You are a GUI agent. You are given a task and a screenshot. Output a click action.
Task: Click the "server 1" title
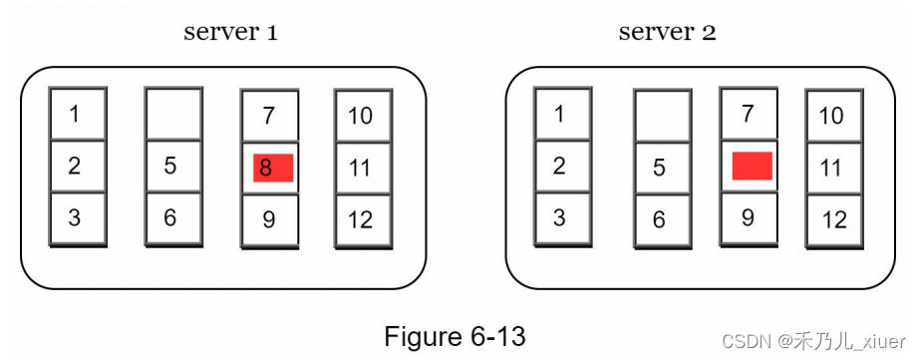tap(230, 31)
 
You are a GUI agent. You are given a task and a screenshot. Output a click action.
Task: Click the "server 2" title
tap(667, 31)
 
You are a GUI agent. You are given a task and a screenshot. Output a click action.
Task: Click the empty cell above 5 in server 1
tap(173, 114)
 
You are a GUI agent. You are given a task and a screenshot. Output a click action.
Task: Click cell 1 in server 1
tap(77, 114)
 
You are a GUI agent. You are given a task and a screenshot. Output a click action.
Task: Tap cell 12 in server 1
tap(361, 219)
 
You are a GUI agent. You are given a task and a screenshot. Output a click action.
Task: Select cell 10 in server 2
tap(832, 116)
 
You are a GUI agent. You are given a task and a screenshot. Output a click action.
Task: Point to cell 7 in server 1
tap(269, 116)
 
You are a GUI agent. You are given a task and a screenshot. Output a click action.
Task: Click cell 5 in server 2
tap(660, 168)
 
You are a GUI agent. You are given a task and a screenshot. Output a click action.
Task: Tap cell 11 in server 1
tap(361, 168)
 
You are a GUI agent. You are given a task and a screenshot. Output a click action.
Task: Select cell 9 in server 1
tap(269, 219)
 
